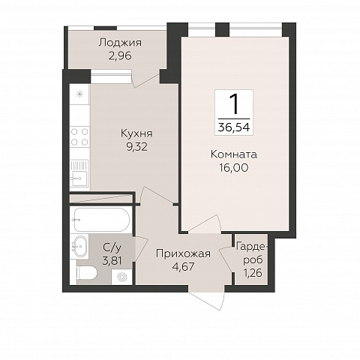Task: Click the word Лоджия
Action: point(120,43)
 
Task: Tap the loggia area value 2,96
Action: point(120,55)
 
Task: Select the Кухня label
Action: point(136,133)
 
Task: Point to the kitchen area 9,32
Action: point(136,147)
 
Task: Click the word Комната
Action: point(234,154)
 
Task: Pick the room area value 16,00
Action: point(234,167)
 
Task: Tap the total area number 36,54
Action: point(234,127)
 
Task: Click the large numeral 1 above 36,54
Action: point(234,104)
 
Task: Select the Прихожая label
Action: point(184,253)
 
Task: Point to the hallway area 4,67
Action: point(184,267)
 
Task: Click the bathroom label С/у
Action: point(112,247)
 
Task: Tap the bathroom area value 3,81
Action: point(112,261)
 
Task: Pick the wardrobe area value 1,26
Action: point(253,273)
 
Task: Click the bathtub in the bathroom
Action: point(101,220)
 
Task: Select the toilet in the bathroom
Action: point(87,273)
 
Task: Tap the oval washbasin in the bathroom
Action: point(80,246)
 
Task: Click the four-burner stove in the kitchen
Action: point(79,136)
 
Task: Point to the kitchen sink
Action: point(79,172)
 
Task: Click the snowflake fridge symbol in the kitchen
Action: point(79,94)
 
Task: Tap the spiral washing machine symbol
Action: point(122,277)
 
